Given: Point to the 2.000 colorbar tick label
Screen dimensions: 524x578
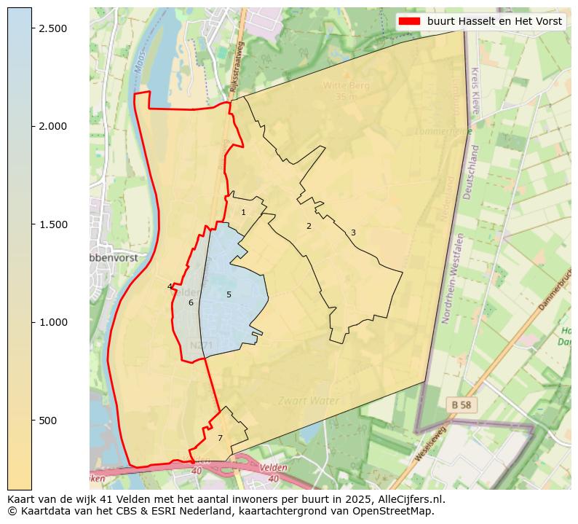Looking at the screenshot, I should coord(52,126).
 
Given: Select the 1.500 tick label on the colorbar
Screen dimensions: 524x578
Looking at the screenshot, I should coord(52,224).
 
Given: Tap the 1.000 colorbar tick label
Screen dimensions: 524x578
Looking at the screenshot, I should coord(52,322).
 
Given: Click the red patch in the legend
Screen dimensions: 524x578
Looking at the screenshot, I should coord(410,21).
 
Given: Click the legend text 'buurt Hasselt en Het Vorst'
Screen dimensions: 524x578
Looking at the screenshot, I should coord(494,21).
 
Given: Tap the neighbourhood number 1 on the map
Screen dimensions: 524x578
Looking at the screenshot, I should coord(243,213).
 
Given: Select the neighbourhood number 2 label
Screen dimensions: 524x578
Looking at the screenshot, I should coord(309,226).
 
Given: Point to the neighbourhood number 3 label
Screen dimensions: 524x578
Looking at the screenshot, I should coord(353,233).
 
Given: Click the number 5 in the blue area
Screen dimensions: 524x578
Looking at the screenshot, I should coord(229,294).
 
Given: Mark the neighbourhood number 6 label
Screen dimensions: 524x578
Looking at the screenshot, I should coord(191,302).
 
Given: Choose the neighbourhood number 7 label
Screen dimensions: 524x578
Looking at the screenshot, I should coord(220,438).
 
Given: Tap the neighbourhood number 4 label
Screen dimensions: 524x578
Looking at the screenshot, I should coord(170,286).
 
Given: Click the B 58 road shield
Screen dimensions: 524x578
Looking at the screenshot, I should coord(461,404).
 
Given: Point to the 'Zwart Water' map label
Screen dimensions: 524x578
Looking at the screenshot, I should coord(309,401).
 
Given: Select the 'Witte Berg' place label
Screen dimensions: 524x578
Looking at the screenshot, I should coord(347,85).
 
